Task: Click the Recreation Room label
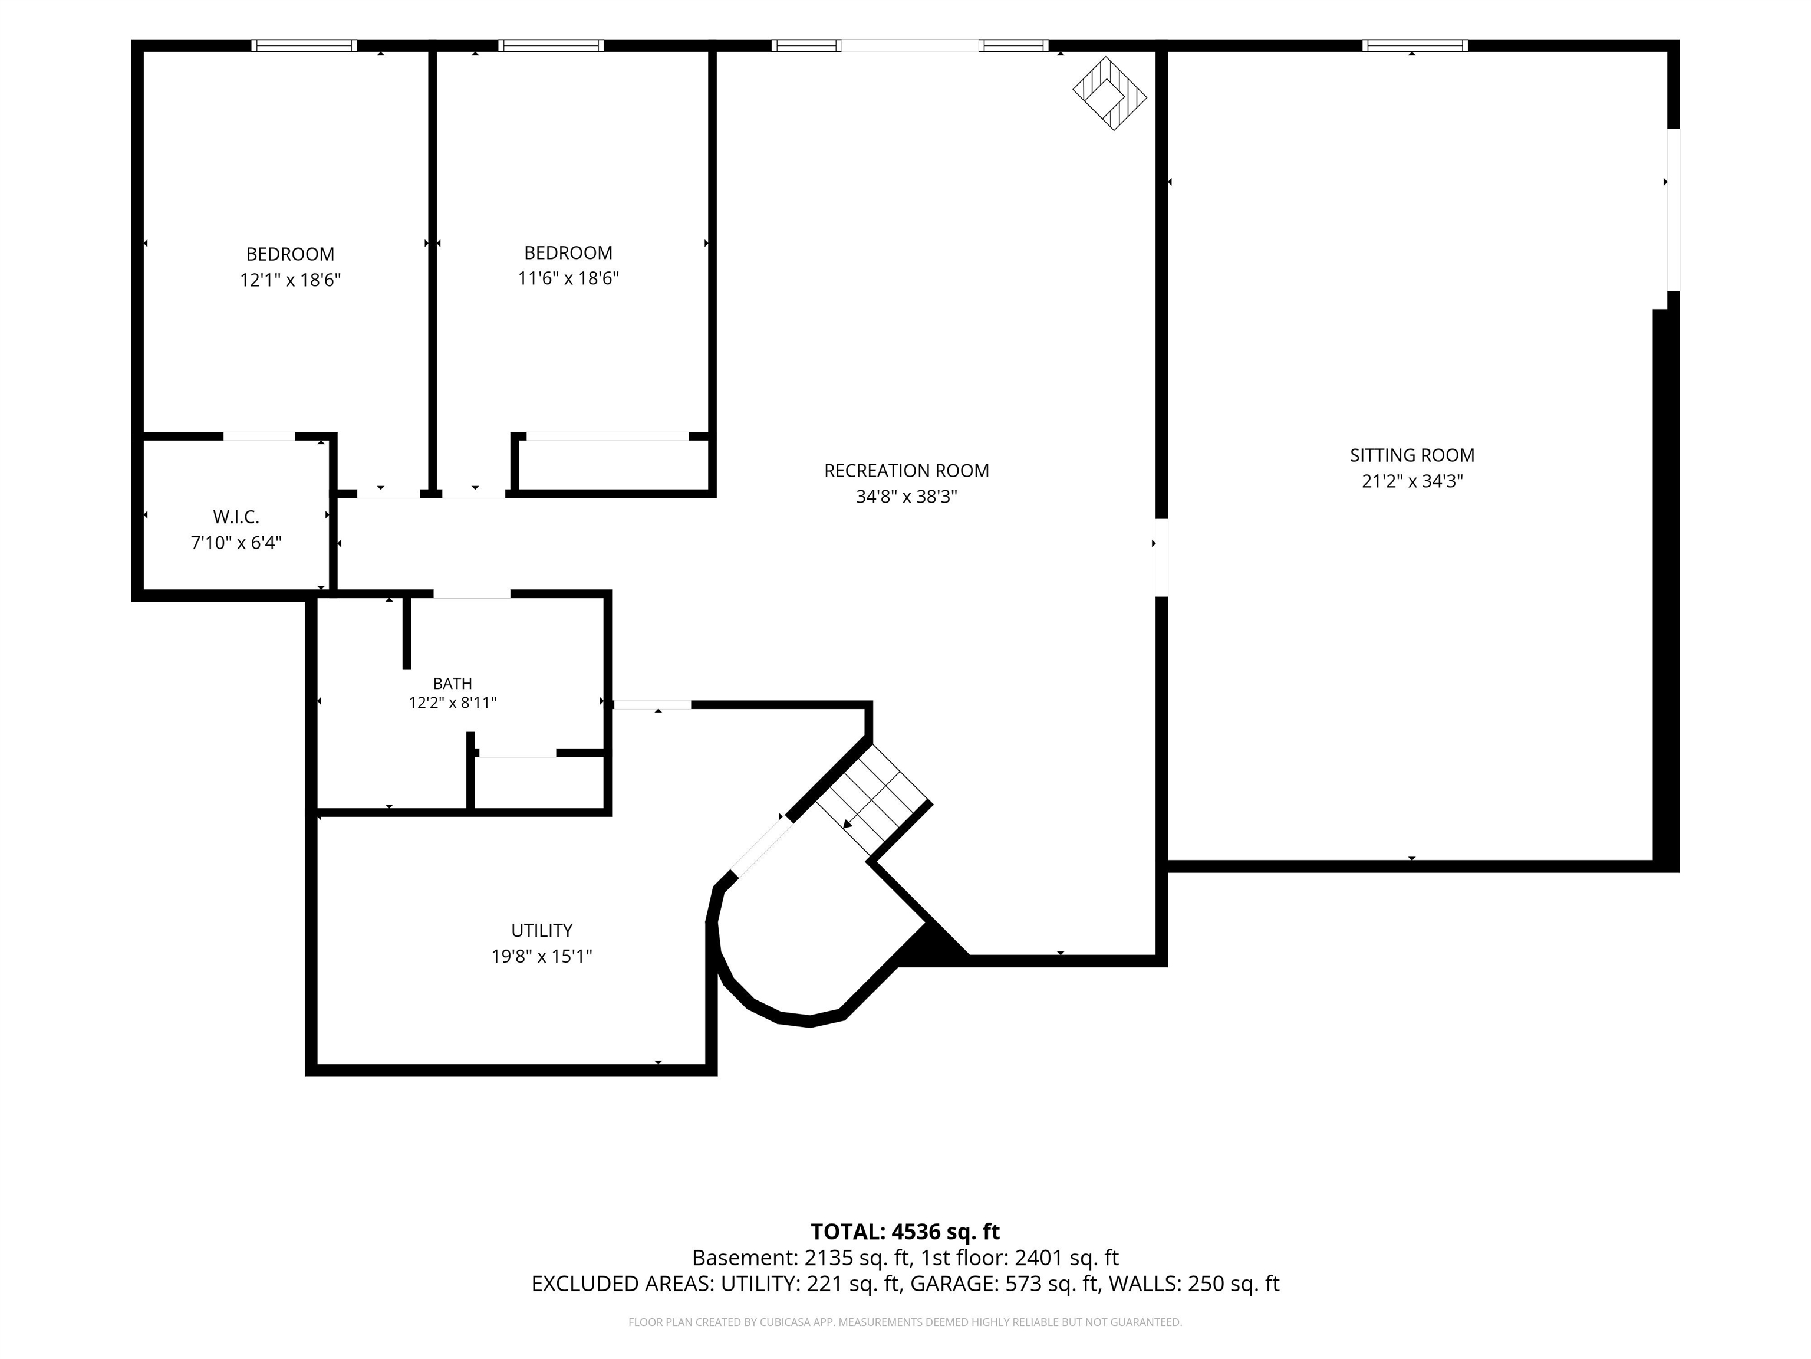[x=906, y=471]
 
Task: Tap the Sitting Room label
[x=1412, y=455]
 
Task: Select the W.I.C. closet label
[x=236, y=517]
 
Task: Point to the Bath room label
[x=453, y=683]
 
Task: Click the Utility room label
[x=542, y=931]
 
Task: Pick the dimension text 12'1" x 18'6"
[x=291, y=280]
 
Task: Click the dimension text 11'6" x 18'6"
[x=568, y=278]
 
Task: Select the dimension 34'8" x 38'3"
[x=906, y=497]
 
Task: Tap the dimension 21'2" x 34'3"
[x=1412, y=481]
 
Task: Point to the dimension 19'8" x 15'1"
[x=542, y=956]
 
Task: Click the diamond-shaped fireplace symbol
[x=1109, y=93]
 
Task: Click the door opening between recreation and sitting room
[x=1161, y=557]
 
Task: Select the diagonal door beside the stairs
[x=762, y=847]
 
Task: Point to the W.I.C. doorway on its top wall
[x=259, y=436]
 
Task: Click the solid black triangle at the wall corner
[x=933, y=944]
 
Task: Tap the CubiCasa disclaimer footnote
[x=905, y=1322]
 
